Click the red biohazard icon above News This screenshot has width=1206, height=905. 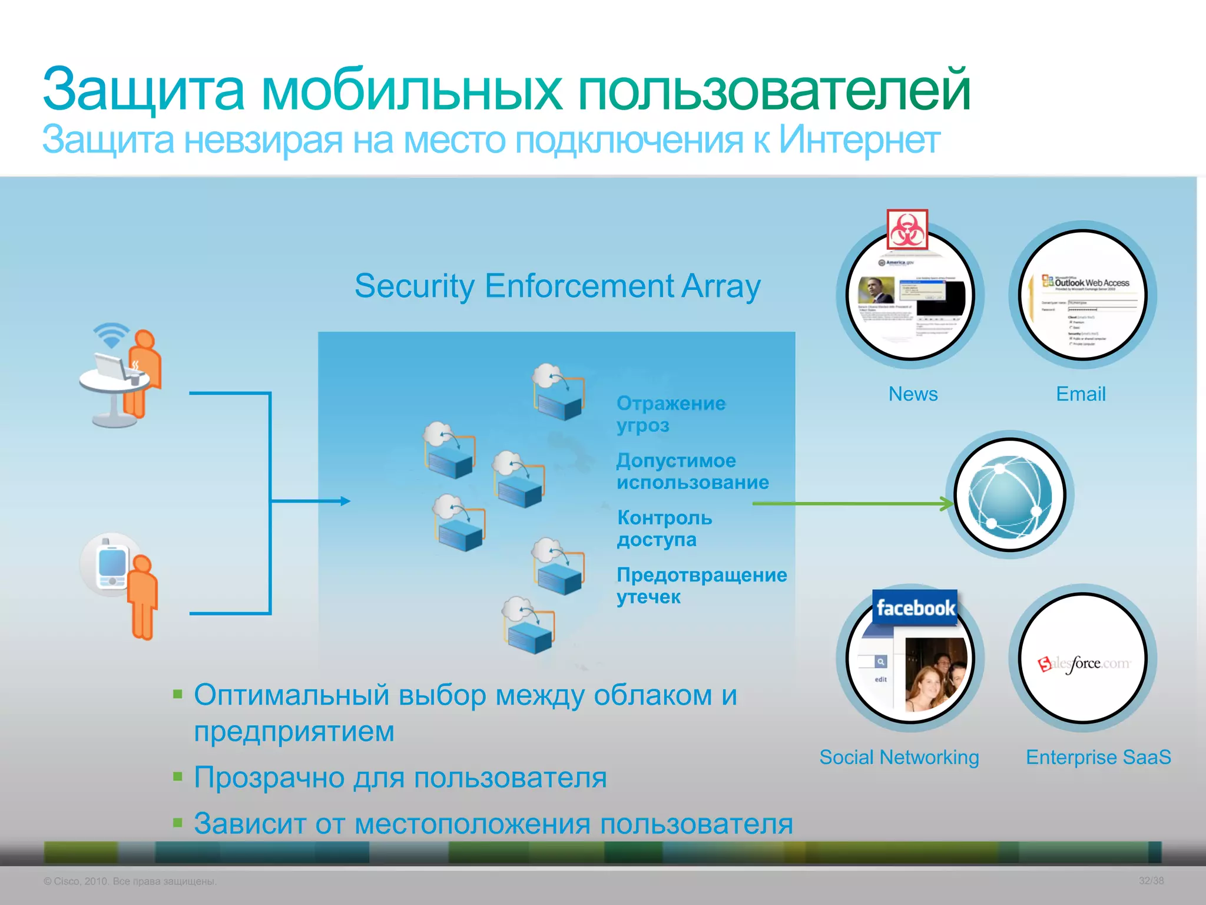click(907, 229)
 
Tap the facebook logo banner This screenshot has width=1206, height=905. click(915, 607)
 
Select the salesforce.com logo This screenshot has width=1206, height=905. click(1084, 664)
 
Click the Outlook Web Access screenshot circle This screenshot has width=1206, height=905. click(1084, 295)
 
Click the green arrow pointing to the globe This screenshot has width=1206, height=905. click(854, 503)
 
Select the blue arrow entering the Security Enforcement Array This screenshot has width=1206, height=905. click(312, 501)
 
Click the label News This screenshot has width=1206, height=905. click(913, 394)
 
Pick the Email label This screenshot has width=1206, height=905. click(1081, 394)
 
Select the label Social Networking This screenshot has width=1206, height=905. click(899, 757)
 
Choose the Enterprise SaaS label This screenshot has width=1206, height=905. click(1098, 757)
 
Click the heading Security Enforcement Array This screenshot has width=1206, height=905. click(557, 286)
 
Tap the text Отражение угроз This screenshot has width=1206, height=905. click(670, 414)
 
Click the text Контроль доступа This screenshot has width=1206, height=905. click(664, 528)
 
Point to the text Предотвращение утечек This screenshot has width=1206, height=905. click(701, 585)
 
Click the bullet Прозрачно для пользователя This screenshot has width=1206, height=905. click(400, 777)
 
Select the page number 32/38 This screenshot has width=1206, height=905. click(1151, 881)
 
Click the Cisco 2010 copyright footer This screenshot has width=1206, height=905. click(130, 881)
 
